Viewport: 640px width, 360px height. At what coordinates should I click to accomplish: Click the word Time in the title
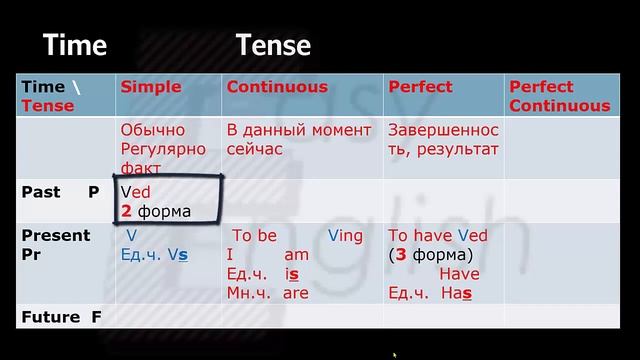pos(74,45)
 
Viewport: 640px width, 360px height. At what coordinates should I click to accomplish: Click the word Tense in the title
pos(273,45)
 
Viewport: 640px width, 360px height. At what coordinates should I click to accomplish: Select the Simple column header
pos(151,87)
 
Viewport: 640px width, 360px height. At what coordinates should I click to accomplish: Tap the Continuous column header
pos(277,87)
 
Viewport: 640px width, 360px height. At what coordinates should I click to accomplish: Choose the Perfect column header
pos(420,87)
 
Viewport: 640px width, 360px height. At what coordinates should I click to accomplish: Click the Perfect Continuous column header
pos(559,96)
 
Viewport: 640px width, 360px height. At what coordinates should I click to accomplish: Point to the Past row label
pos(41,192)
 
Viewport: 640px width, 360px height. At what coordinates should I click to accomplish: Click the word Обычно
pos(153,131)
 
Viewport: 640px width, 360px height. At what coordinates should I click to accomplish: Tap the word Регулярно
pos(160,149)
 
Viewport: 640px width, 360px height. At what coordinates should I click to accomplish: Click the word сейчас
pos(254,149)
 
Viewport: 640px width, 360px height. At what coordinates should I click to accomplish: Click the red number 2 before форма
pos(126,211)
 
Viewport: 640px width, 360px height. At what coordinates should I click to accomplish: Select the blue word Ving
pos(345,236)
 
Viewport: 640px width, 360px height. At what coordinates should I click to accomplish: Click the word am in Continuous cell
pos(297,255)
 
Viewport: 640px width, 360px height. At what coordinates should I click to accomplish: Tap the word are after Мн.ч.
pos(296,293)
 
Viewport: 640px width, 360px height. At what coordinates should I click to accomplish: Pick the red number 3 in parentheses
pos(400,254)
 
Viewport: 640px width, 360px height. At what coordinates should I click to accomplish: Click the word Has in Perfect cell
pos(455,293)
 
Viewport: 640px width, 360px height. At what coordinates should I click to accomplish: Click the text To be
pos(254,236)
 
